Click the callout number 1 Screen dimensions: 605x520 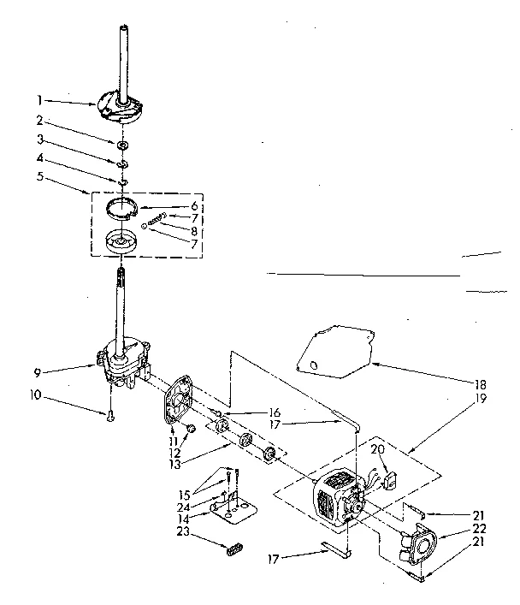tap(38, 99)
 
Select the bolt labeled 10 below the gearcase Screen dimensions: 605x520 tap(110, 416)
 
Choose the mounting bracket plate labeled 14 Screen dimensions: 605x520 tap(233, 511)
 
